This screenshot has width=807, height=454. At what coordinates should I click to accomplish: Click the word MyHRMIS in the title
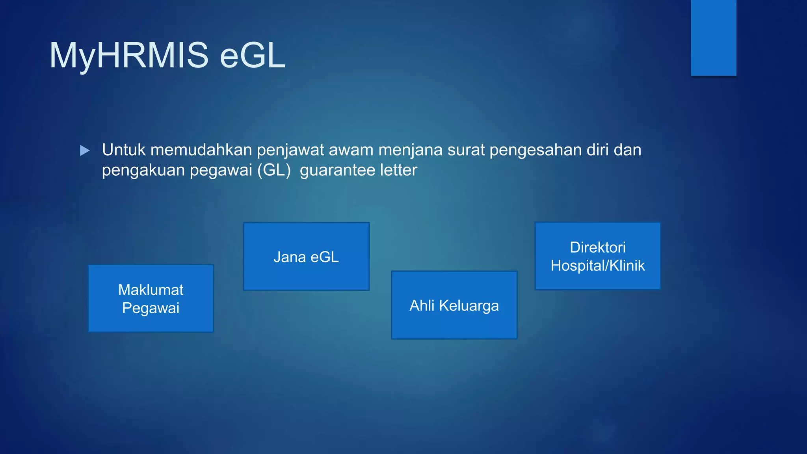click(128, 56)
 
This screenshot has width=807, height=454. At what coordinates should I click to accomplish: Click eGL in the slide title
click(252, 56)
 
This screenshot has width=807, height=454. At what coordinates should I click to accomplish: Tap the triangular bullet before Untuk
click(85, 151)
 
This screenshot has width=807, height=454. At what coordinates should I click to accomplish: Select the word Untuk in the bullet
click(124, 150)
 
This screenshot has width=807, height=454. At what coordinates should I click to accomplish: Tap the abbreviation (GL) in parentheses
click(274, 171)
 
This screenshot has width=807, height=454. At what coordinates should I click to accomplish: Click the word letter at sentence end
click(398, 170)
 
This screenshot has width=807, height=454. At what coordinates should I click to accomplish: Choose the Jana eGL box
click(306, 257)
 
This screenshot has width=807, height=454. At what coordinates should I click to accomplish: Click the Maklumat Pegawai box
click(151, 298)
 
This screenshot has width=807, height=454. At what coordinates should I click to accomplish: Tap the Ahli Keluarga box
click(454, 305)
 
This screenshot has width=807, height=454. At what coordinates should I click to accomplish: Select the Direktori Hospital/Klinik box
click(597, 256)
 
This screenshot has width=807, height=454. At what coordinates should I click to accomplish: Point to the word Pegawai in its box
click(151, 308)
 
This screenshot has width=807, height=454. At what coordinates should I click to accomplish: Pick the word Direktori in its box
click(597, 247)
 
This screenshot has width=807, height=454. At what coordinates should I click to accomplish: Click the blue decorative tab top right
click(713, 38)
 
